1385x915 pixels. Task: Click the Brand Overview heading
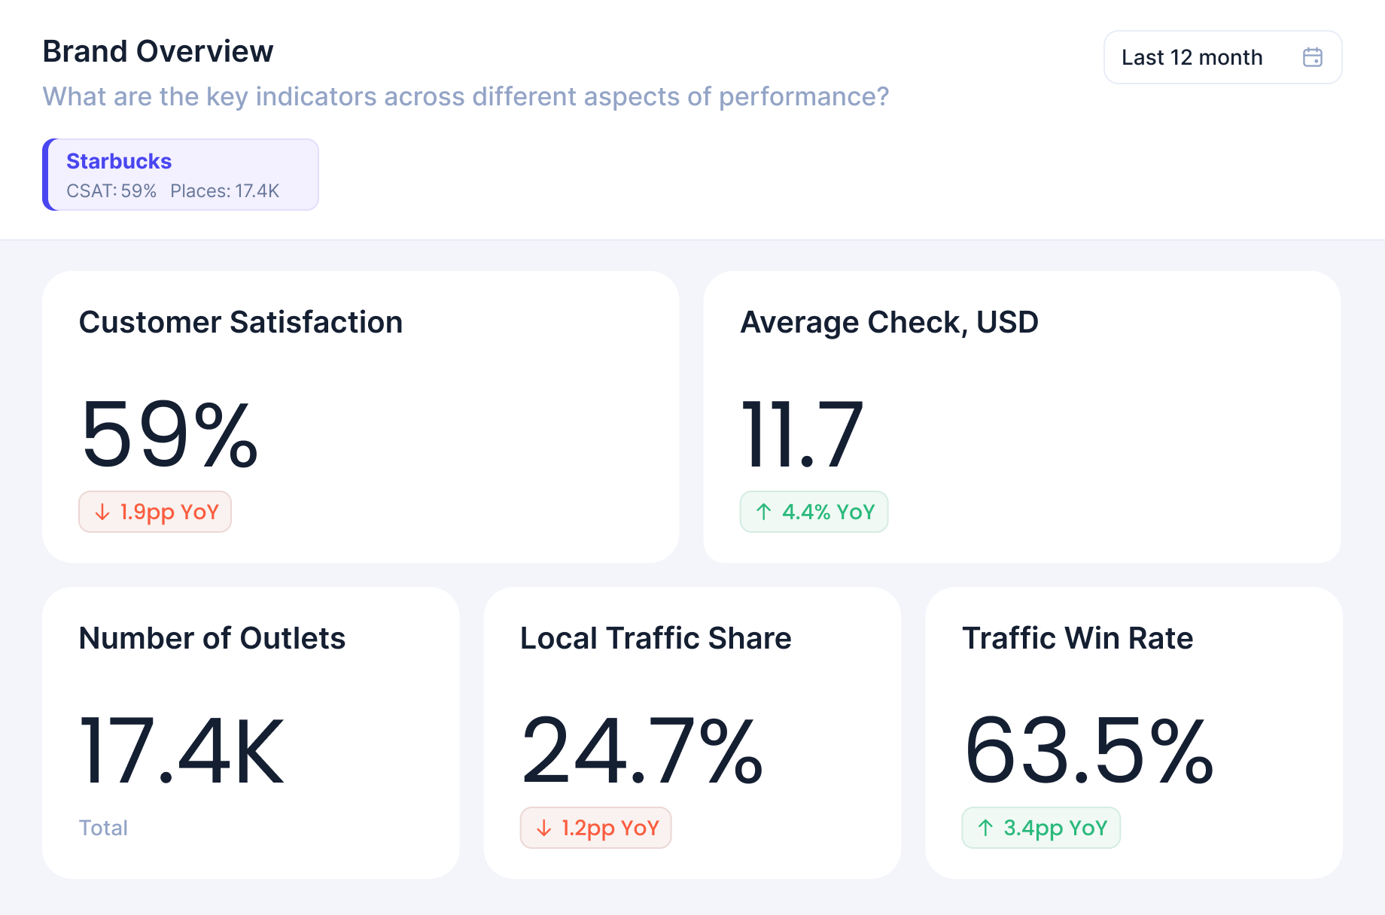158,51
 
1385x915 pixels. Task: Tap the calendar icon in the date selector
1312,57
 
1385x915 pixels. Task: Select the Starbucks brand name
119,161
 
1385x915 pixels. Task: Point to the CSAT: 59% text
111,191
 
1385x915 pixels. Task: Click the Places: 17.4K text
224,191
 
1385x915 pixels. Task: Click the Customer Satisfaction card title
241,322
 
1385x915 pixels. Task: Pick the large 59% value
169,435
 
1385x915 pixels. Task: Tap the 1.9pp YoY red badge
155,512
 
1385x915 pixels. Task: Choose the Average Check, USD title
889,322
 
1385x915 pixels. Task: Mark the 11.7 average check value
802,435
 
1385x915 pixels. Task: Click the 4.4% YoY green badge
814,512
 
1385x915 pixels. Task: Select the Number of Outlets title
212,638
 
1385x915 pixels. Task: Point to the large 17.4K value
181,751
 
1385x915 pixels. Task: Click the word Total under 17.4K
103,828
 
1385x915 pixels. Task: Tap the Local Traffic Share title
656,638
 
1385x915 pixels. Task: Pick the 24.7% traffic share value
642,751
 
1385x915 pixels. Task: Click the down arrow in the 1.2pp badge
543,828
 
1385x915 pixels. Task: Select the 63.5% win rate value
1088,751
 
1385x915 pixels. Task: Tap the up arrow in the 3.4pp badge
985,828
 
